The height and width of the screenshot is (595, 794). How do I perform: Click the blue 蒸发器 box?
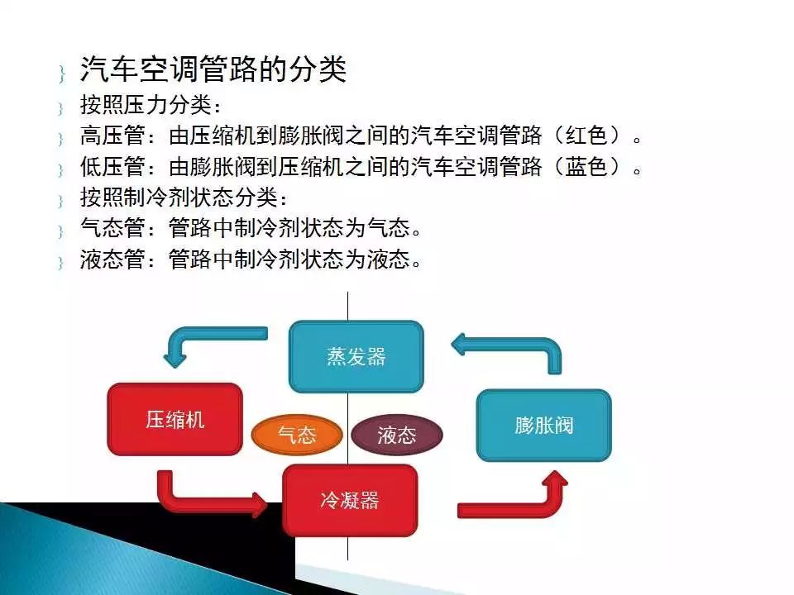coord(356,357)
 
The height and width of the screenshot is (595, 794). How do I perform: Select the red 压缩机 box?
coord(175,420)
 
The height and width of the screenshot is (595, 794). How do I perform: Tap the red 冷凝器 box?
coord(350,501)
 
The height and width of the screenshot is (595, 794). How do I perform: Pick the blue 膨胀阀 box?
coord(544,426)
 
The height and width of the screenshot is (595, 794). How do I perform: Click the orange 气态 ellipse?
coord(297,435)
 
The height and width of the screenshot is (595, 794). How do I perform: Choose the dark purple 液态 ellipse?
coord(397,435)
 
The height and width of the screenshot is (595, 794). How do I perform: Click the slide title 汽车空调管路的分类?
coord(213,69)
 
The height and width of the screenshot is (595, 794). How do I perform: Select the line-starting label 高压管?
coord(112,136)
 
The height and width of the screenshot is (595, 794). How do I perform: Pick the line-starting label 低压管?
coord(112,166)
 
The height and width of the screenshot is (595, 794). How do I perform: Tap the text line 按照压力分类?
coord(151,105)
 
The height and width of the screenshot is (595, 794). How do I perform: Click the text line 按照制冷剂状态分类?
coord(184,198)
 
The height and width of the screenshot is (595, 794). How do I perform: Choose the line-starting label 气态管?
coord(112,228)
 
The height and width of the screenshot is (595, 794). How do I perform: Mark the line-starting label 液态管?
coord(112,259)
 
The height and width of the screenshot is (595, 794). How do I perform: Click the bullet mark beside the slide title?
coord(62,74)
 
